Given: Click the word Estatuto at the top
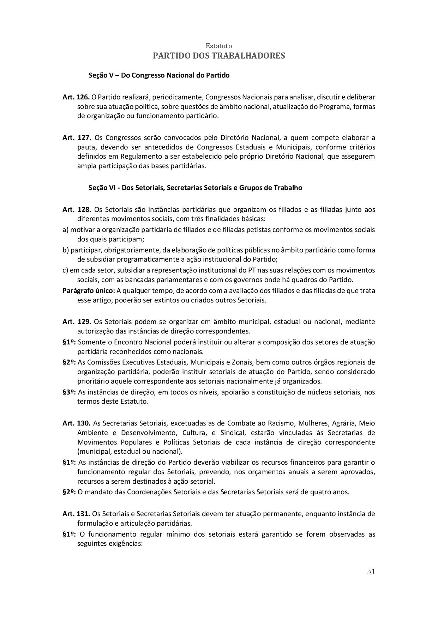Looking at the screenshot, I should pos(219,46).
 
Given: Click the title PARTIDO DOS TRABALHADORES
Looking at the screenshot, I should pos(219,56).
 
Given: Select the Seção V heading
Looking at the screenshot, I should pos(159,75).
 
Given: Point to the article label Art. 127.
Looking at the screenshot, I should pos(77,137).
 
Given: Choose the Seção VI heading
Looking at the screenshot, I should pos(195,188).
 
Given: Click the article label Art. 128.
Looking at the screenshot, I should pos(77,210).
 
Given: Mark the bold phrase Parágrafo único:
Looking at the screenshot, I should pos(89,291).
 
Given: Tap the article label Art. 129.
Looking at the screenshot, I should pos(77,322).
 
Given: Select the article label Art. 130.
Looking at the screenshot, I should pos(77,423).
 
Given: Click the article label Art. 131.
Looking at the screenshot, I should pos(76,514).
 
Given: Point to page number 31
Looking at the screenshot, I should pos(371,571).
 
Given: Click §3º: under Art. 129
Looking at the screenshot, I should pos(69,392).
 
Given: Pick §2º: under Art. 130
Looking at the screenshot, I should pos(69,492).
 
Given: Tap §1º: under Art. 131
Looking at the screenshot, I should pos(69,534).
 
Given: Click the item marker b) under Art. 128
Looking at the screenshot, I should pos(66,250).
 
